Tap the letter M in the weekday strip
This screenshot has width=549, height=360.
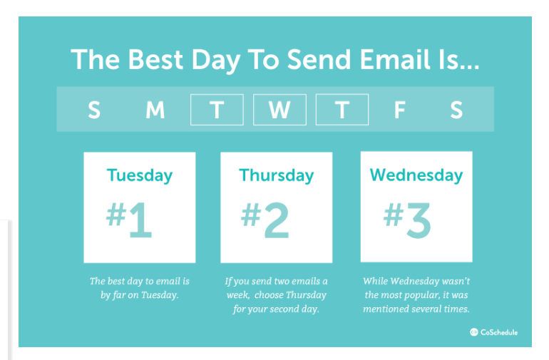155,110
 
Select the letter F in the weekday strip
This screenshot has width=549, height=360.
400,110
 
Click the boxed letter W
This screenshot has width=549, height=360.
279,110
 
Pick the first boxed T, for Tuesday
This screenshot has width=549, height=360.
217,110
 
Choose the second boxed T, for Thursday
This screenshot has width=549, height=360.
342,110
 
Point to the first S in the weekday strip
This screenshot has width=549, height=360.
94,110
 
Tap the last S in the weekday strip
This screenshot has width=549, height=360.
456,110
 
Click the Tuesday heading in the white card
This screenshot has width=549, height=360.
140,175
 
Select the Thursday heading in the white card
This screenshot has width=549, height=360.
276,175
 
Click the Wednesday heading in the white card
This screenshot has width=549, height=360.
416,175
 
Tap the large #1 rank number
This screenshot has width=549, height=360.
129,220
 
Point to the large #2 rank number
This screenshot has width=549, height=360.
265,220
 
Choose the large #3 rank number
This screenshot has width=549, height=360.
407,220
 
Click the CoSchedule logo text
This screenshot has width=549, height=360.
499,332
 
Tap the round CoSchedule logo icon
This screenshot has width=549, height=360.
473,332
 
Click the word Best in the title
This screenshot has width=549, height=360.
155,59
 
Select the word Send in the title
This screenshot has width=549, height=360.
319,59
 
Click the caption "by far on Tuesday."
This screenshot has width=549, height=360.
140,295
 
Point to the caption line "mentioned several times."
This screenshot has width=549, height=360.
416,309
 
